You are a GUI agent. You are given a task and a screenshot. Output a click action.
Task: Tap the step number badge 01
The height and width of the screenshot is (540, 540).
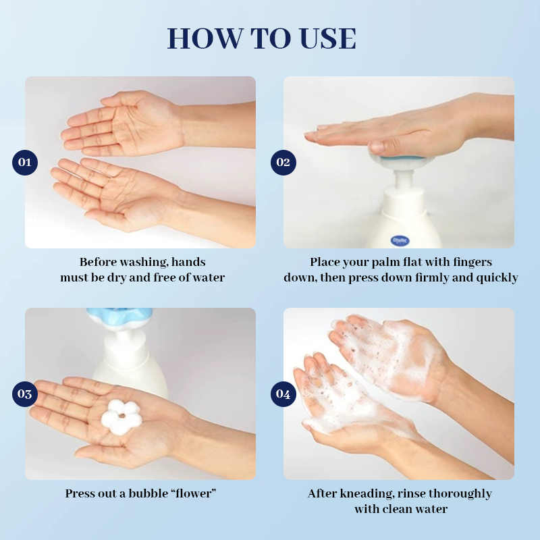(x=25, y=162)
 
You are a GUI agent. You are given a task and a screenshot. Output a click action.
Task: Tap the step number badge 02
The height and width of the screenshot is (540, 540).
(x=283, y=162)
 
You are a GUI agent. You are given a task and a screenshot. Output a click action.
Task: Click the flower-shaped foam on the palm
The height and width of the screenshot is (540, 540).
(x=121, y=414)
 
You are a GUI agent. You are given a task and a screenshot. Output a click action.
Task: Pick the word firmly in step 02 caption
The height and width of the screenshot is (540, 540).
(x=443, y=277)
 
